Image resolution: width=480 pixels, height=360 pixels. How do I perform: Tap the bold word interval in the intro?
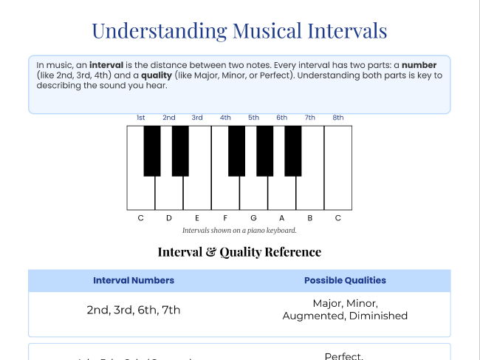pos(106,65)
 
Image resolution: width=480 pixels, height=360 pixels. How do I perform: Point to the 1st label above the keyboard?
pos(140,118)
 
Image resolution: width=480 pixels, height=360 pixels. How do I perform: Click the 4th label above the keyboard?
pos(225,118)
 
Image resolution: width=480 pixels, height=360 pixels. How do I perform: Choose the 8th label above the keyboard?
pos(338,118)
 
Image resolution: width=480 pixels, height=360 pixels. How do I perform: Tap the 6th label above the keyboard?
pos(282,118)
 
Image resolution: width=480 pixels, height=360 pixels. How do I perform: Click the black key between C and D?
pos(152,150)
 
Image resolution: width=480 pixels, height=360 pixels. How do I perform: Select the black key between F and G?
pos(236,150)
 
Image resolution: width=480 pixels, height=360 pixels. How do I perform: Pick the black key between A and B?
pos(293,150)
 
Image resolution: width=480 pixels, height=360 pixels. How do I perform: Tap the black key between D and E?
pos(180,150)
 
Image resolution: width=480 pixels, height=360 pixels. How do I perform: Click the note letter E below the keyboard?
pos(197,218)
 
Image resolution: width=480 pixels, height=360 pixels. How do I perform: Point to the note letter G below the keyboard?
pos(253,218)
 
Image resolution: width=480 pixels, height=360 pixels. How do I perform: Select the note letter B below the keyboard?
pos(310,218)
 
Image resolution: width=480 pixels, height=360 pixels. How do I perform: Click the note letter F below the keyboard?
pos(225,218)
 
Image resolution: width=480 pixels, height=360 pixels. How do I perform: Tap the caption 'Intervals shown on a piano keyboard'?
pos(239,231)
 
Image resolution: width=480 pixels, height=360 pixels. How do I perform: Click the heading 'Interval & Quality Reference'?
pos(239,252)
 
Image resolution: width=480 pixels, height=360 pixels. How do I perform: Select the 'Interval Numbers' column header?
pos(134,281)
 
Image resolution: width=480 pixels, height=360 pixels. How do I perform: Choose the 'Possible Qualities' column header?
pos(345,281)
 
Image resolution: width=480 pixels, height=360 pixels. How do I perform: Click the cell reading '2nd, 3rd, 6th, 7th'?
pos(134,310)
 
